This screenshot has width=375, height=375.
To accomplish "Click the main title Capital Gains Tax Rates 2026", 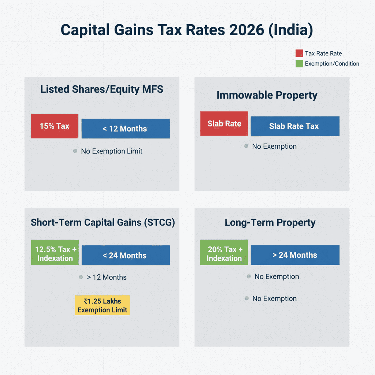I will [187, 30].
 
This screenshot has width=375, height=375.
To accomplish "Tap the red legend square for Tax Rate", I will [299, 53].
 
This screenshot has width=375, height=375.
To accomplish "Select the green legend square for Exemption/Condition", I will [299, 63].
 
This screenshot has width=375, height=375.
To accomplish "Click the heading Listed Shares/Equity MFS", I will [102, 89].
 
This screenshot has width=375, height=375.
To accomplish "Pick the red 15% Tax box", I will [54, 126].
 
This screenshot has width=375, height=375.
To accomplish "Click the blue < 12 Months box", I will [125, 129].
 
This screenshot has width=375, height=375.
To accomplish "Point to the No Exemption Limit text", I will [111, 151].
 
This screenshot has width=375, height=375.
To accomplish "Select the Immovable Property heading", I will [267, 95].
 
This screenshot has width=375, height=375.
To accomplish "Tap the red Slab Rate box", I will [224, 124].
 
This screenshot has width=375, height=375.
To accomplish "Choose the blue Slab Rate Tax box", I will [295, 126].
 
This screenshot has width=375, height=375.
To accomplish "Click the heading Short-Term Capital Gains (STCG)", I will [103, 223].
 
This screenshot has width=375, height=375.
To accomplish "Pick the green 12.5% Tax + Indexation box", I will [55, 253].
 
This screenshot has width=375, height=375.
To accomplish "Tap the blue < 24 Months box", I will [125, 255].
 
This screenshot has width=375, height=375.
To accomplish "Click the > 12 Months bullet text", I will [107, 277].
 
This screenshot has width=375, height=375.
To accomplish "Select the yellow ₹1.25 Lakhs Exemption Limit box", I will [102, 305].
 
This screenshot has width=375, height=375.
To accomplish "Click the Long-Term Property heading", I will [270, 223].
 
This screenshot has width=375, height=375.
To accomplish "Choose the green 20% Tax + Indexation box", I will [224, 253].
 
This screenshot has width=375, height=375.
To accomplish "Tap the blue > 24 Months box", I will [295, 255].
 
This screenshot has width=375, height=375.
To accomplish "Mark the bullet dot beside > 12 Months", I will [81, 277].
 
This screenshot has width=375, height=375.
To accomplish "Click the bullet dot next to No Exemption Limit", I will [75, 151].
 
